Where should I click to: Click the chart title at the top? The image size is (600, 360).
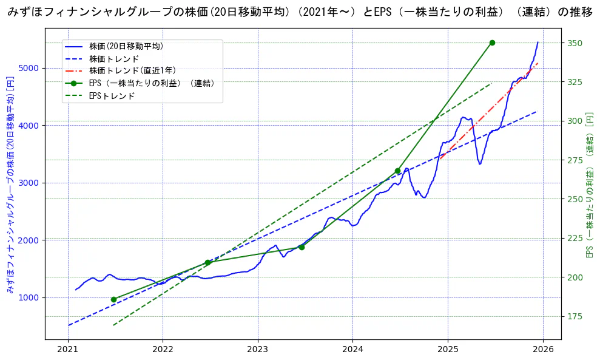[300, 13]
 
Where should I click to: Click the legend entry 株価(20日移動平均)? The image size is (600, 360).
[126, 46]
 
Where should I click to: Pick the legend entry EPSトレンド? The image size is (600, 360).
[112, 95]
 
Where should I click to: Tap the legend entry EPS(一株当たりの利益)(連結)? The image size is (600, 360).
[152, 83]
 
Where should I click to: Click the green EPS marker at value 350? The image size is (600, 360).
[492, 42]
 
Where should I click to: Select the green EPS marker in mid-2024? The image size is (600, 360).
[397, 171]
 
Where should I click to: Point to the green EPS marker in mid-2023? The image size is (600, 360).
[302, 247]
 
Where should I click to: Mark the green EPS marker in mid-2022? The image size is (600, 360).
[207, 262]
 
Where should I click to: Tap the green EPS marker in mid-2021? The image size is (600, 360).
[113, 299]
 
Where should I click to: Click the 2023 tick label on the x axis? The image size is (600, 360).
[258, 350]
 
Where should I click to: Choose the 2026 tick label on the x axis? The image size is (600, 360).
[543, 350]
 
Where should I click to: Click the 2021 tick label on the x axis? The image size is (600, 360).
[68, 350]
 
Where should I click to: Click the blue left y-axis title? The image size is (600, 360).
[10, 185]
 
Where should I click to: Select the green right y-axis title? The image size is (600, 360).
[589, 185]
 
